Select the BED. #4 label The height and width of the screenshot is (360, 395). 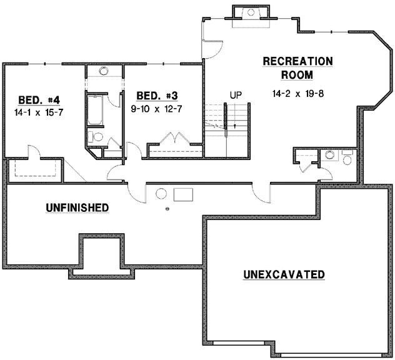(x=34, y=100)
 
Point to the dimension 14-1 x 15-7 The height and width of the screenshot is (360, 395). (x=35, y=112)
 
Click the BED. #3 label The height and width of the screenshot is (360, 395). (x=157, y=96)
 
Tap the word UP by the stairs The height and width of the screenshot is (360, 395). (x=236, y=95)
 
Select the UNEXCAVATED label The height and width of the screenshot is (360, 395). (x=284, y=274)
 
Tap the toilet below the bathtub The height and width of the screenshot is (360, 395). (x=98, y=137)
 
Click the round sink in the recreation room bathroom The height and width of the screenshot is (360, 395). (x=329, y=154)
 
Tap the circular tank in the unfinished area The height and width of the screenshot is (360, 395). (x=161, y=193)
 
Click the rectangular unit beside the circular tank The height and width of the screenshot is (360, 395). (x=183, y=193)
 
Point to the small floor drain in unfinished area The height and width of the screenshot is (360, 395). (x=167, y=209)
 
